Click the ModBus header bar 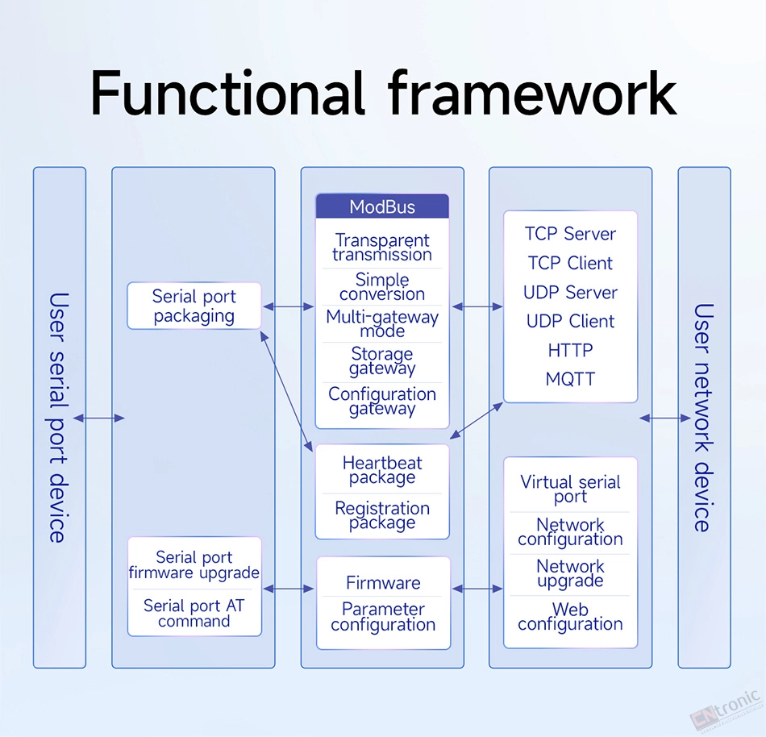coord(382,206)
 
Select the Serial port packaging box coord(194,306)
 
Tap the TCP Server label coord(570,234)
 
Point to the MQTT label coord(570,379)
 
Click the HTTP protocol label coord(570,350)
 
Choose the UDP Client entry coord(570,322)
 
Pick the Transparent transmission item coord(382,247)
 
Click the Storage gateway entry coord(382,361)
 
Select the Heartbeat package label coord(382,470)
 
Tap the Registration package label coord(382,515)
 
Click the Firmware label coord(383,583)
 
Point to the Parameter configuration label coord(383,617)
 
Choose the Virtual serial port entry coord(570,489)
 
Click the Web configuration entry coord(570,616)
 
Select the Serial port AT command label coord(194,614)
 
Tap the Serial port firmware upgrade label coord(194,564)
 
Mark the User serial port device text coord(59,418)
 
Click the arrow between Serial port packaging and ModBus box coord(288,306)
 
